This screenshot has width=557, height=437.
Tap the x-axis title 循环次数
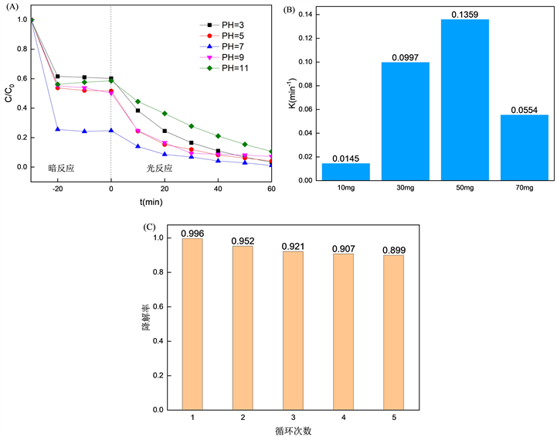294,430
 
